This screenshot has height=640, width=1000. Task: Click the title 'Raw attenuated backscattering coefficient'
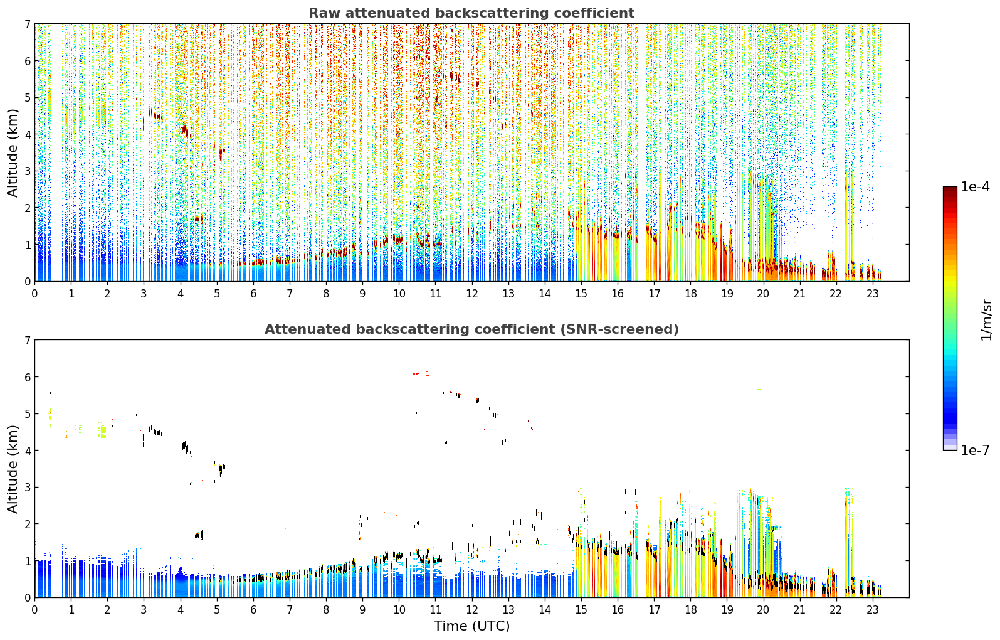click(471, 13)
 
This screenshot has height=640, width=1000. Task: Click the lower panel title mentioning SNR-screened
click(471, 329)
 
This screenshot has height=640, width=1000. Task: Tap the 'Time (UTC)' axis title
click(471, 626)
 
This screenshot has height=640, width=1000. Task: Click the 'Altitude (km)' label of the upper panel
click(13, 152)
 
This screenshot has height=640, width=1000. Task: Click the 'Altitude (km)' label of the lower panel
click(13, 469)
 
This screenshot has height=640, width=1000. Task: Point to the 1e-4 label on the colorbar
click(975, 187)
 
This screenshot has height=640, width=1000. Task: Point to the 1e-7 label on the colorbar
click(975, 450)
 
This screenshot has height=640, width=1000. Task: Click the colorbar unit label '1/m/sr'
click(986, 320)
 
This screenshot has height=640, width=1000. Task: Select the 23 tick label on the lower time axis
click(872, 610)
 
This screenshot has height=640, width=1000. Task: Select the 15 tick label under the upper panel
click(581, 294)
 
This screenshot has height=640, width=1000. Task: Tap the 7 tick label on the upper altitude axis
click(28, 24)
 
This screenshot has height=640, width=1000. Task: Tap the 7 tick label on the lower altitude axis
click(28, 341)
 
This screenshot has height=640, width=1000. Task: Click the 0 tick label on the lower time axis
click(35, 610)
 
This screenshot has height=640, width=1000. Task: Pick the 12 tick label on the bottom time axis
click(472, 610)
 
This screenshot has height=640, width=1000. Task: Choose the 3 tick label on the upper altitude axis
click(28, 171)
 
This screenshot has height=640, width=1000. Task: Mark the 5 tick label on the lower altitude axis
click(28, 414)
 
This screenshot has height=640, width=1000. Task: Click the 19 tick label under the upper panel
click(727, 294)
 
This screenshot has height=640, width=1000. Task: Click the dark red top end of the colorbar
click(950, 188)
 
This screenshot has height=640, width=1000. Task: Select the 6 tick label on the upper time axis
click(253, 294)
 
